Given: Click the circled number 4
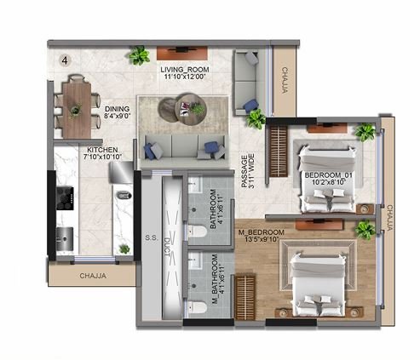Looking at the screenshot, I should [66, 60].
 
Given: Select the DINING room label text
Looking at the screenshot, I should [117, 110].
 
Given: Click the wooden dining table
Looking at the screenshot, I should [75, 106].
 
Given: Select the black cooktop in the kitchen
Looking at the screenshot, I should [64, 198].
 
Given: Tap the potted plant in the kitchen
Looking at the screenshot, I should [124, 249].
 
